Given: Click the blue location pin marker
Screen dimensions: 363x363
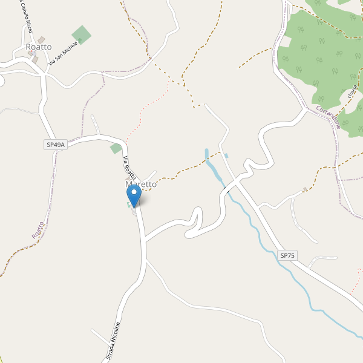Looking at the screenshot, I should [134, 195].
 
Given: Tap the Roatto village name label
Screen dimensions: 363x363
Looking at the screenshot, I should [38, 47].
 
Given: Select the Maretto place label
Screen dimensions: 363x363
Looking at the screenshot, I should [140, 184].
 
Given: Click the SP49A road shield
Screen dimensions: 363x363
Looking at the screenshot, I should [55, 145].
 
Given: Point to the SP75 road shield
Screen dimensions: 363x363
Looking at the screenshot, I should [287, 256].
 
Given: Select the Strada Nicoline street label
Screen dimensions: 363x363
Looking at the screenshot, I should [113, 342].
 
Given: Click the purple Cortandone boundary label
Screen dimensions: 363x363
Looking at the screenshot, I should [329, 117].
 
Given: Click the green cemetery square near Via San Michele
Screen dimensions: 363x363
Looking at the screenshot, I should [82, 34].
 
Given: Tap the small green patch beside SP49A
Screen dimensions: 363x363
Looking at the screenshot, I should [116, 148].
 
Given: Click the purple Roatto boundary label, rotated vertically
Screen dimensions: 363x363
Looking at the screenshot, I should [38, 230].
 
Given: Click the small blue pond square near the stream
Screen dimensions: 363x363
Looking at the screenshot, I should [226, 156].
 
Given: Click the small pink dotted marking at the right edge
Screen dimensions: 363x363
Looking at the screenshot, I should [359, 272].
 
